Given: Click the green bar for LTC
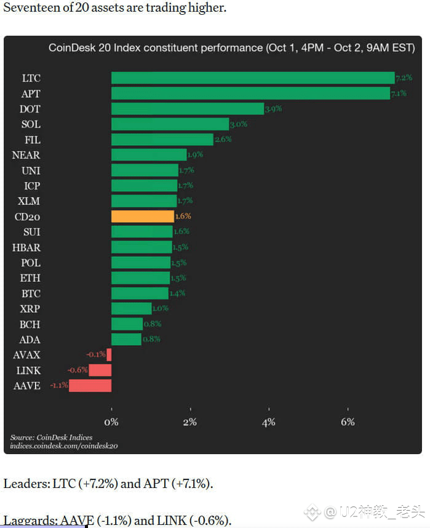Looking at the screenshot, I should click(x=252, y=78).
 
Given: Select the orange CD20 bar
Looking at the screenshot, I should click(x=142, y=217).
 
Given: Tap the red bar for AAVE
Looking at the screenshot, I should click(x=90, y=386).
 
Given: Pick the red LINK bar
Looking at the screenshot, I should click(x=100, y=370).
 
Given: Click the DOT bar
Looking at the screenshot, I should click(x=187, y=109).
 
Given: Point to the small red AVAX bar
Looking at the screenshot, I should click(x=109, y=355).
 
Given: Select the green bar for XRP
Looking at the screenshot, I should click(x=131, y=309).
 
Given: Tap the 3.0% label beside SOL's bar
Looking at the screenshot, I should click(x=238, y=124).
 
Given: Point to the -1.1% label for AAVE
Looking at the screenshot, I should click(x=58, y=386).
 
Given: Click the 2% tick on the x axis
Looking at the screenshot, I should click(x=190, y=422).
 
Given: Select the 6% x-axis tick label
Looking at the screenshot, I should click(x=348, y=422).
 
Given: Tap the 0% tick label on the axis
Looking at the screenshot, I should click(x=111, y=422).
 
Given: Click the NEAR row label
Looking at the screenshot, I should click(x=26, y=155).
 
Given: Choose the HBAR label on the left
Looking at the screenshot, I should click(x=26, y=247).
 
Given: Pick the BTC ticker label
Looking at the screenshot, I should click(x=30, y=294).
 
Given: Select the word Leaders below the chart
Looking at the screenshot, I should click(x=26, y=484).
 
